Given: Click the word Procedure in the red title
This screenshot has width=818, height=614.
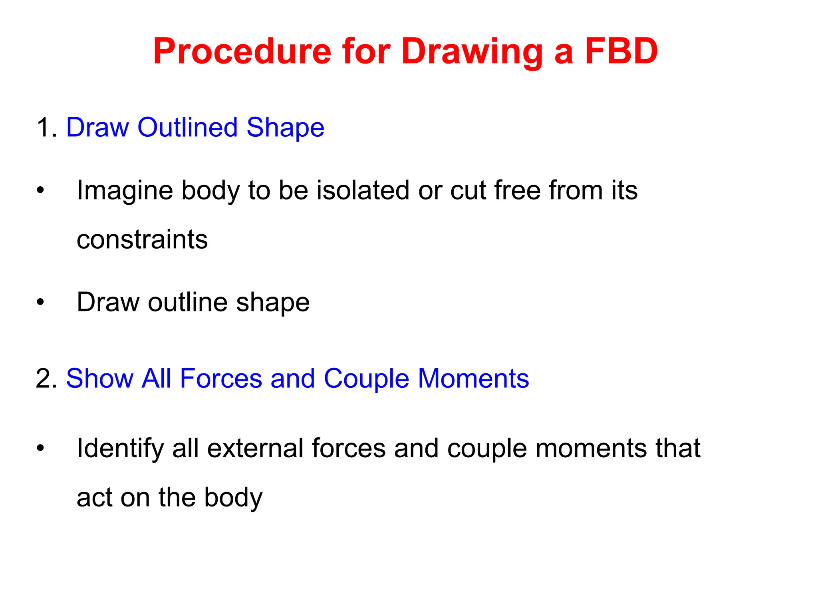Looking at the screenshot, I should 242,52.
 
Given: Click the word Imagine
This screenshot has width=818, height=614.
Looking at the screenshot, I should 125,191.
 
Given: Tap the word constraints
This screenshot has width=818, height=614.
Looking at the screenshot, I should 142,240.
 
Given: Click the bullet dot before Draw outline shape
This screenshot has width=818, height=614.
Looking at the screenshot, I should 40,302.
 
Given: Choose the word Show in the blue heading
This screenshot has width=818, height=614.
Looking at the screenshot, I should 100,379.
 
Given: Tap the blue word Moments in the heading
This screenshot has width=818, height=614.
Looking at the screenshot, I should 473,379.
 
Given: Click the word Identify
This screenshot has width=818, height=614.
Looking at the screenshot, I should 120,449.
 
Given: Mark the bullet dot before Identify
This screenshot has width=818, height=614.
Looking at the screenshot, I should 40,448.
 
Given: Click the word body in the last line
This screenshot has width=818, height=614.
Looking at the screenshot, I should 233,498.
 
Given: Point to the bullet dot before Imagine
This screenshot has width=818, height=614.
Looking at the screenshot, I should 40,190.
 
